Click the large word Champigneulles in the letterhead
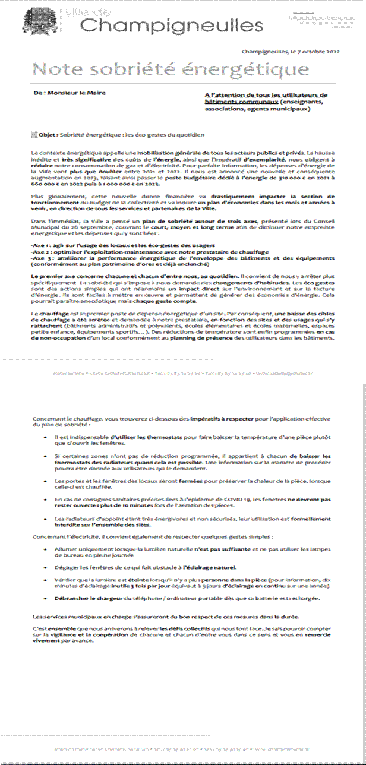[x=172, y=25]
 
